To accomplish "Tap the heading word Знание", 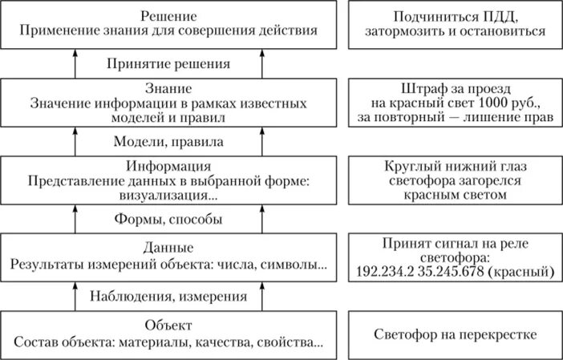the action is pos(168,88).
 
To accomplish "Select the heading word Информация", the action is pos(168,167).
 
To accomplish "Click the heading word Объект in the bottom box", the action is pos(168,326).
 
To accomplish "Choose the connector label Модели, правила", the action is pos(167,141).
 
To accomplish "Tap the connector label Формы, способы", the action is pos(167,218).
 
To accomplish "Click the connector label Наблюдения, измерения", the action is pos(168,297).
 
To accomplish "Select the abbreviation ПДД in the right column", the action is pos(504,16).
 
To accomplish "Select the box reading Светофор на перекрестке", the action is pos(453,334).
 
